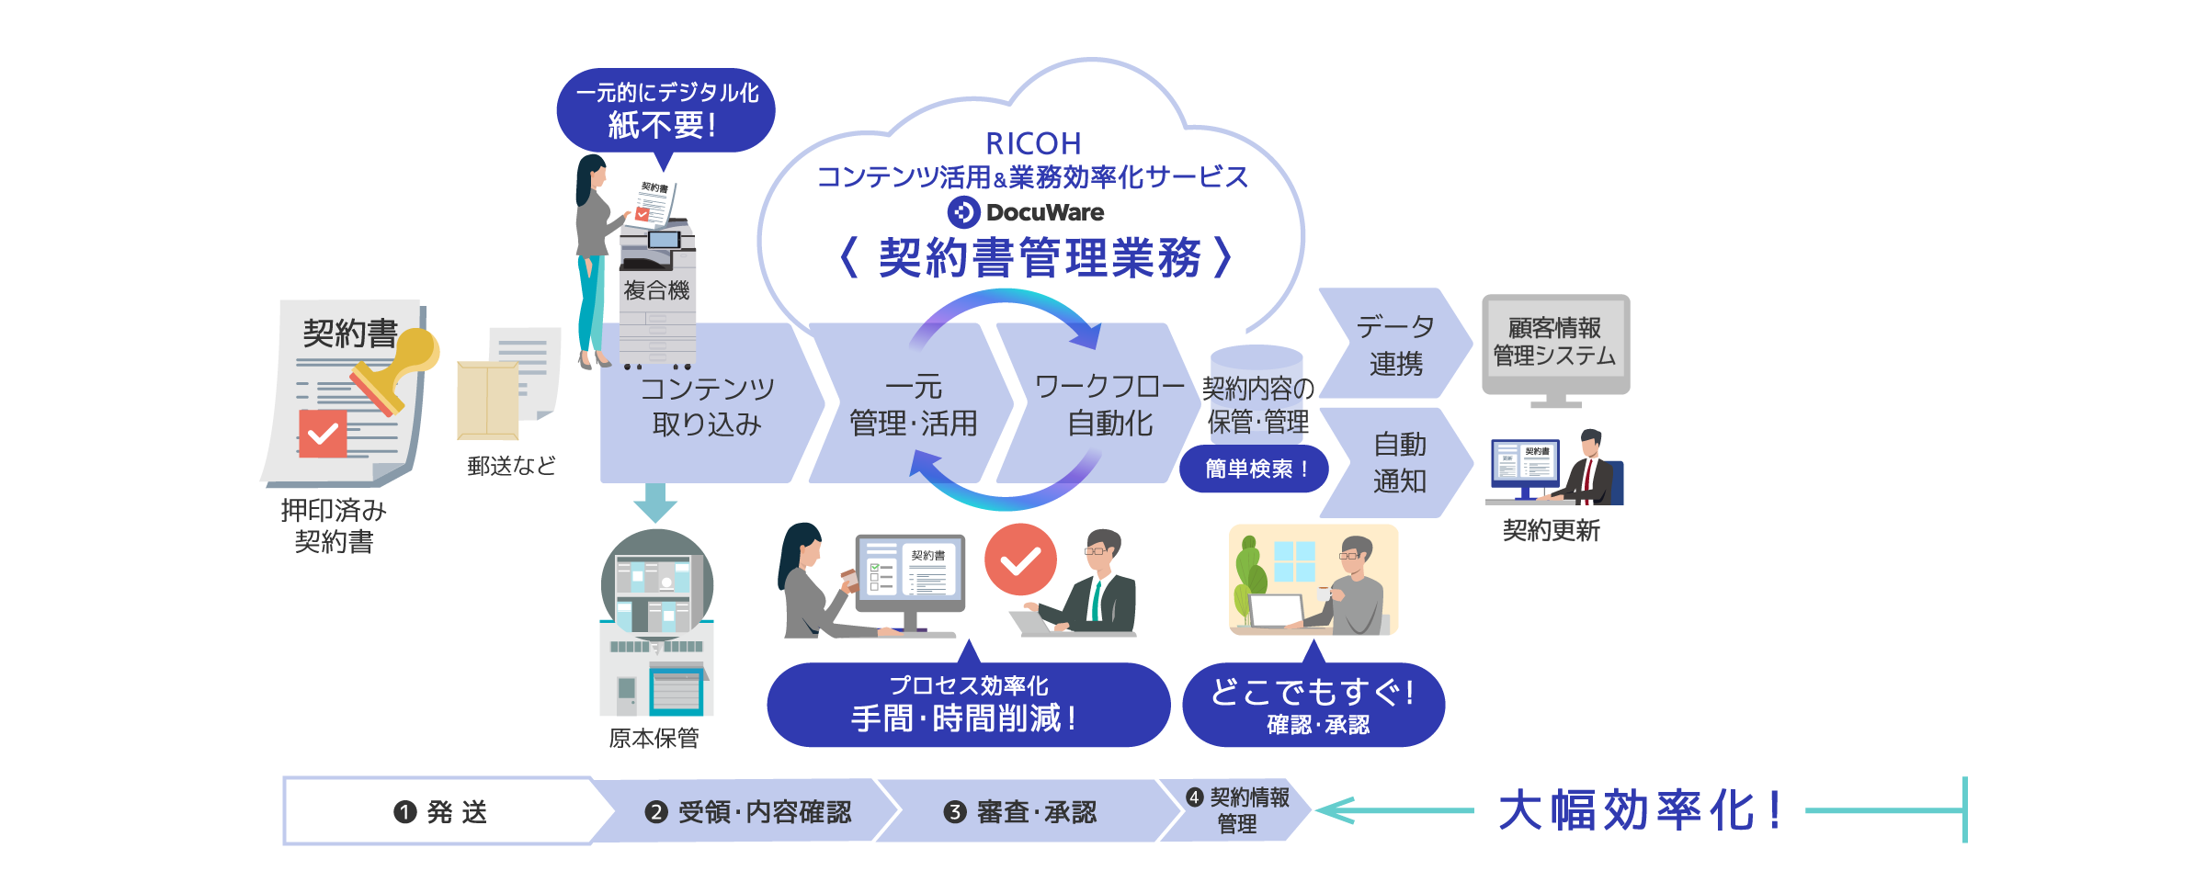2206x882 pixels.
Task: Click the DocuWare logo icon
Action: coord(963,212)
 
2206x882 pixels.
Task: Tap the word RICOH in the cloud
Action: coord(1033,144)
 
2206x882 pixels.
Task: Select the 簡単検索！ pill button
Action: coord(1255,469)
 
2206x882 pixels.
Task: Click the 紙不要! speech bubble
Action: coord(665,110)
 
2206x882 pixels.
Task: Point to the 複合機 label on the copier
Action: coord(656,290)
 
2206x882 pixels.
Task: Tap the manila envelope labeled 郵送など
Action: coord(488,401)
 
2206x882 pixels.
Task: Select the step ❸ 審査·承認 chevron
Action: coord(1020,811)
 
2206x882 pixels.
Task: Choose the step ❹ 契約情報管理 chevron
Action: coord(1236,810)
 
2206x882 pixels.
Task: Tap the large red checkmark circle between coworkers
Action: coord(1020,560)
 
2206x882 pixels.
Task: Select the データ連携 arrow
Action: coord(1393,345)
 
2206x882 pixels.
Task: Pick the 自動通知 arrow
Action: coord(1397,462)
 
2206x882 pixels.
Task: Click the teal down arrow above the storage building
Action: coord(655,503)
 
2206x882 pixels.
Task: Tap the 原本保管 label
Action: coord(654,739)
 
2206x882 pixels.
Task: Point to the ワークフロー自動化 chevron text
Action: coord(1109,404)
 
